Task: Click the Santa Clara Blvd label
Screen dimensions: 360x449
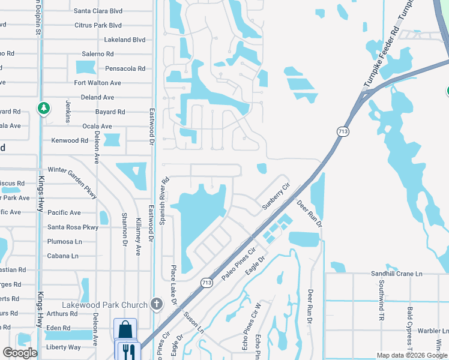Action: [x=97, y=11]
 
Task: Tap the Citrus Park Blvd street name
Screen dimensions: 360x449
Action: [x=98, y=25]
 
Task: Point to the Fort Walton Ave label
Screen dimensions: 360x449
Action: [x=97, y=83]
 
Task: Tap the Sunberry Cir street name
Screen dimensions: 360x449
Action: [x=276, y=197]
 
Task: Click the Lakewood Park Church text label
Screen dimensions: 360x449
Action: [x=105, y=305]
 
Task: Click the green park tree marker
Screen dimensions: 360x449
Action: [x=43, y=109]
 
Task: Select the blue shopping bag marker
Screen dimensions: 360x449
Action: [x=125, y=329]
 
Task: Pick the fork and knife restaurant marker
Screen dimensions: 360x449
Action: [x=128, y=350]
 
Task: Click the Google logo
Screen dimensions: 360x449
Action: [x=19, y=353]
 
